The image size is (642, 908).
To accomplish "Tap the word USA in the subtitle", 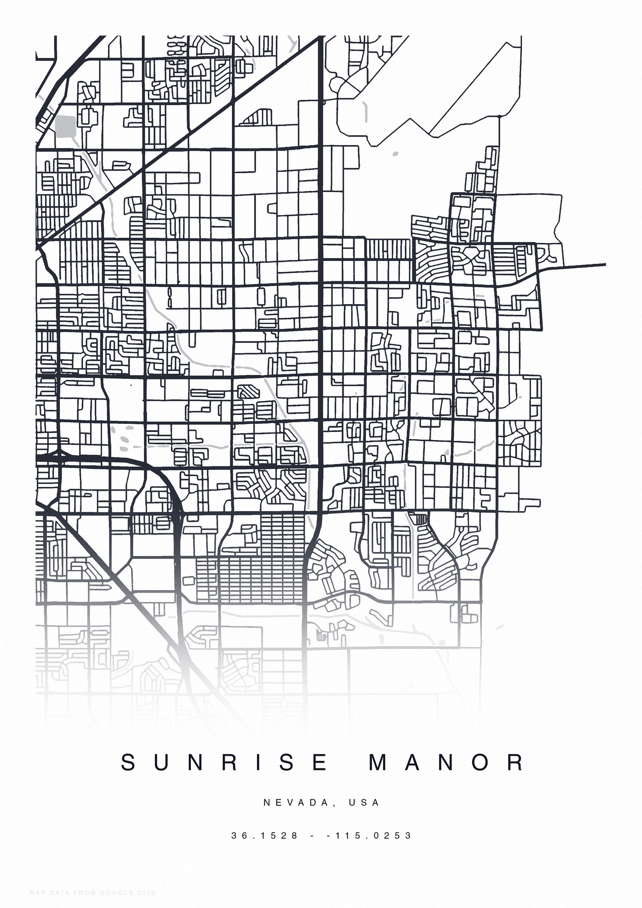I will (364, 802).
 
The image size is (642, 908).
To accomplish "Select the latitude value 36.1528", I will (265, 835).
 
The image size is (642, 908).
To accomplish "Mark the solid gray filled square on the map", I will (65, 126).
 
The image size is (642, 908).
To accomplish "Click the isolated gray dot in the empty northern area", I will (395, 154).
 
